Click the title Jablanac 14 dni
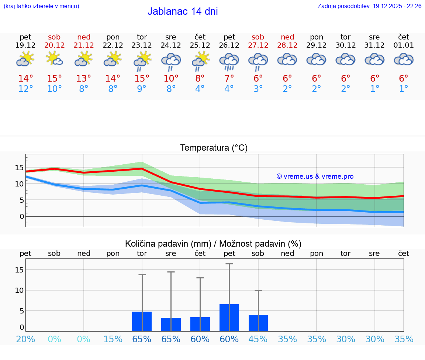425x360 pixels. (183, 11)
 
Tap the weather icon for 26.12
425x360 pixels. (229, 61)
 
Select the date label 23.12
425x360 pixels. (142, 45)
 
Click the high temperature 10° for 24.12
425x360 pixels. (171, 79)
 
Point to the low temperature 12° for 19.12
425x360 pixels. (25, 89)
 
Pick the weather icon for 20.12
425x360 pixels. (54, 59)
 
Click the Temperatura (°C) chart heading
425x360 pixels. (214, 148)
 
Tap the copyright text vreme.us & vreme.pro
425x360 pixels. (315, 176)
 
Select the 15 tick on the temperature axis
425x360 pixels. (19, 168)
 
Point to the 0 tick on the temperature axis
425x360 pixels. (22, 216)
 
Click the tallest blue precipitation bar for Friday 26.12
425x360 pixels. (229, 318)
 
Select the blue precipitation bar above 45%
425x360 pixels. (258, 323)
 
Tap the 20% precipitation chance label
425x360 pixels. (25, 339)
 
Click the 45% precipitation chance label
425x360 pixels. (258, 339)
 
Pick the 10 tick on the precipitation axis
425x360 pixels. (19, 290)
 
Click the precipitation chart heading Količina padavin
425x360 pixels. (213, 244)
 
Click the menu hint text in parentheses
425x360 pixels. (41, 6)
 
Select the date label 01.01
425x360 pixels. (404, 45)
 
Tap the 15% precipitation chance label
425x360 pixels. (113, 339)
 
